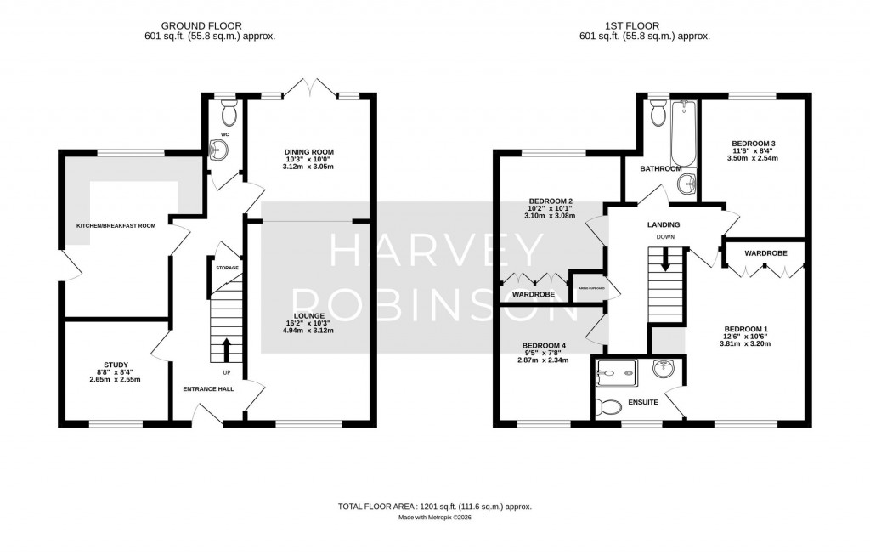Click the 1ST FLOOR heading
(x=643, y=25)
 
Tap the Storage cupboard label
(x=227, y=268)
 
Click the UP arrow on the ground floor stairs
(x=227, y=348)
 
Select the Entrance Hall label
(x=207, y=388)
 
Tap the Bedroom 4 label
(x=545, y=345)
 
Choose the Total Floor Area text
(x=434, y=507)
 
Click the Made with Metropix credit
(x=434, y=518)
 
